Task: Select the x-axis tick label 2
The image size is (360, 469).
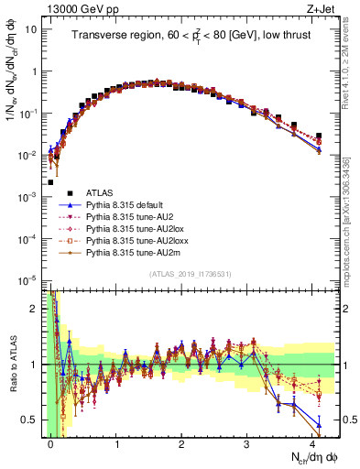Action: click(x=181, y=444)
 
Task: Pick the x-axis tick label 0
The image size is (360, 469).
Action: click(x=51, y=444)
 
